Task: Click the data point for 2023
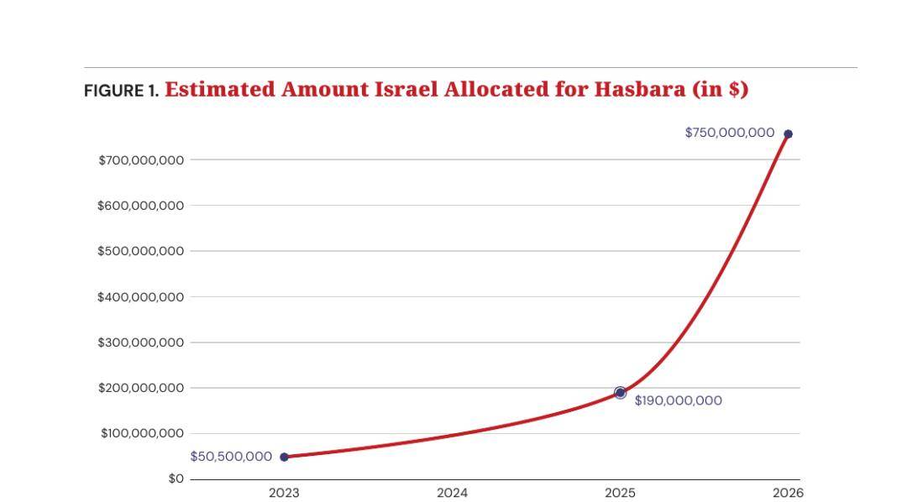coord(284,457)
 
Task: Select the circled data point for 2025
coord(620,393)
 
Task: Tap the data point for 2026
coord(788,134)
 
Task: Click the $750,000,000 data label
coord(730,133)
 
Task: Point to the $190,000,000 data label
coord(678,400)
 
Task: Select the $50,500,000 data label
coord(231,457)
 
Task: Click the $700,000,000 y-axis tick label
coord(141,160)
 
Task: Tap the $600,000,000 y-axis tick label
coord(140,206)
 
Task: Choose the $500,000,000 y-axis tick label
coord(140,251)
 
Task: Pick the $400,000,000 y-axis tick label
coord(140,296)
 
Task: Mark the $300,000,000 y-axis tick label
coord(140,343)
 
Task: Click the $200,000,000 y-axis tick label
coord(141,388)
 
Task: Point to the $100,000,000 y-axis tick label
coord(142,433)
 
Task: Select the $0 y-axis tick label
coord(176,478)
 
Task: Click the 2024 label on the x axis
coord(453,493)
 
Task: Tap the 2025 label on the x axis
coord(620,493)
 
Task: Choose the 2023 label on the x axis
coord(284,493)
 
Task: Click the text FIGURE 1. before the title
coord(121,91)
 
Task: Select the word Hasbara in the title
coord(640,89)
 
